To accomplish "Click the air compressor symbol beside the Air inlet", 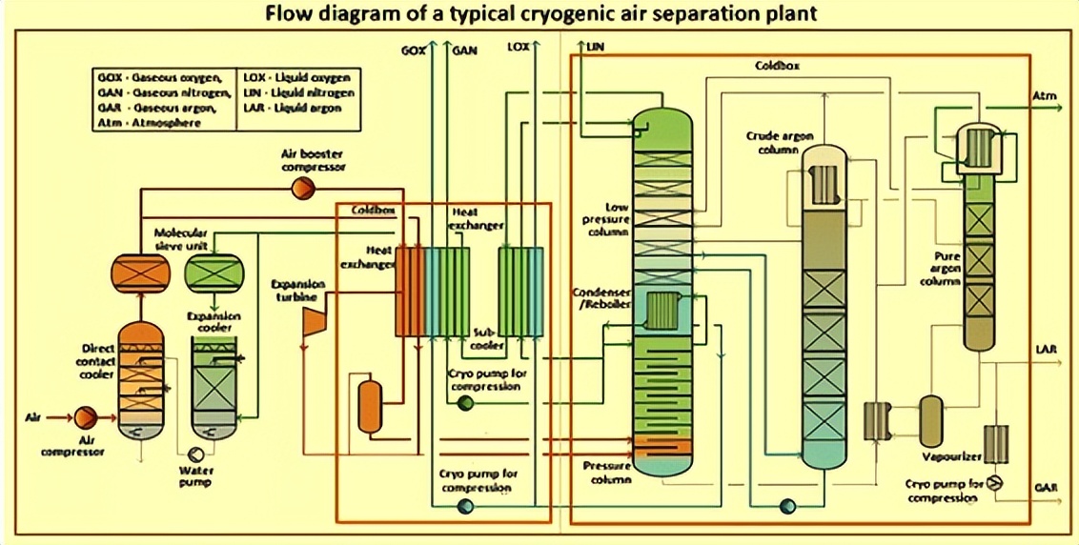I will pyautogui.click(x=85, y=417).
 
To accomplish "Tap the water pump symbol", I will pyautogui.click(x=197, y=454).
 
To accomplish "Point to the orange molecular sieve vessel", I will pyautogui.click(x=140, y=272).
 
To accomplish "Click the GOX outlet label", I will pyautogui.click(x=414, y=51).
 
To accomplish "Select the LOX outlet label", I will pyautogui.click(x=518, y=47).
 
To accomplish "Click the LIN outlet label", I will pyautogui.click(x=596, y=46).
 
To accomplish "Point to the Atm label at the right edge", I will pyautogui.click(x=1045, y=96).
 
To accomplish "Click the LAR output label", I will pyautogui.click(x=1046, y=350).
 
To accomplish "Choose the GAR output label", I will pyautogui.click(x=1046, y=488).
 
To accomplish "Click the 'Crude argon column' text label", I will pyautogui.click(x=779, y=142).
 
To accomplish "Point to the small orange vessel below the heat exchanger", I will pyautogui.click(x=369, y=405).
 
